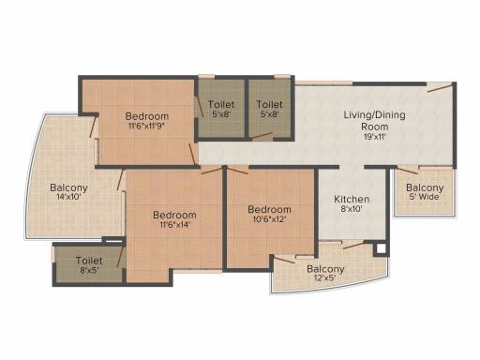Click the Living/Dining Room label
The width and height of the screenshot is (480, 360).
coord(375,121)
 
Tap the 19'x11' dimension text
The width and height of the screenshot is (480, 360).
coord(375,137)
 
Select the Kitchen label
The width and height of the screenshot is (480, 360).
coord(352,199)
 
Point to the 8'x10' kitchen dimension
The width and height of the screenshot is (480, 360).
coord(352,209)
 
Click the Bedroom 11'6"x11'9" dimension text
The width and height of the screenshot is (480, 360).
coord(147,127)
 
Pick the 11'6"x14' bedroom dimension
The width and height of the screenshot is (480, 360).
coord(174,225)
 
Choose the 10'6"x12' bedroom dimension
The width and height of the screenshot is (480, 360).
coord(269,219)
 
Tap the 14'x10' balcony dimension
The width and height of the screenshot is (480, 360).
coord(68,197)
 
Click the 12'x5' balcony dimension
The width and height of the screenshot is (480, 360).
coord(325,277)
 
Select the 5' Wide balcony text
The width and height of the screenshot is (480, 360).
coord(425,197)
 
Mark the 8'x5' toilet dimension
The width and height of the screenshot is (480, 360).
coord(89,270)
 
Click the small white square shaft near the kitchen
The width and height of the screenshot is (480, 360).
coord(381,248)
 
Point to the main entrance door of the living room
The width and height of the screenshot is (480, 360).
coord(440,87)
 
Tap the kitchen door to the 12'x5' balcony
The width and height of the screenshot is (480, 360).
coord(353,245)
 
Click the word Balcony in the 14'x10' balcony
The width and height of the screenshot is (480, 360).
coord(68,187)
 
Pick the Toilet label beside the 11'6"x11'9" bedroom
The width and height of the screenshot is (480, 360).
coord(221,104)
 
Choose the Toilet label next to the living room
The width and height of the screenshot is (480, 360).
coord(269,104)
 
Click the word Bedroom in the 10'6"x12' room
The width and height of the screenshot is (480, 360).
coord(269,209)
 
